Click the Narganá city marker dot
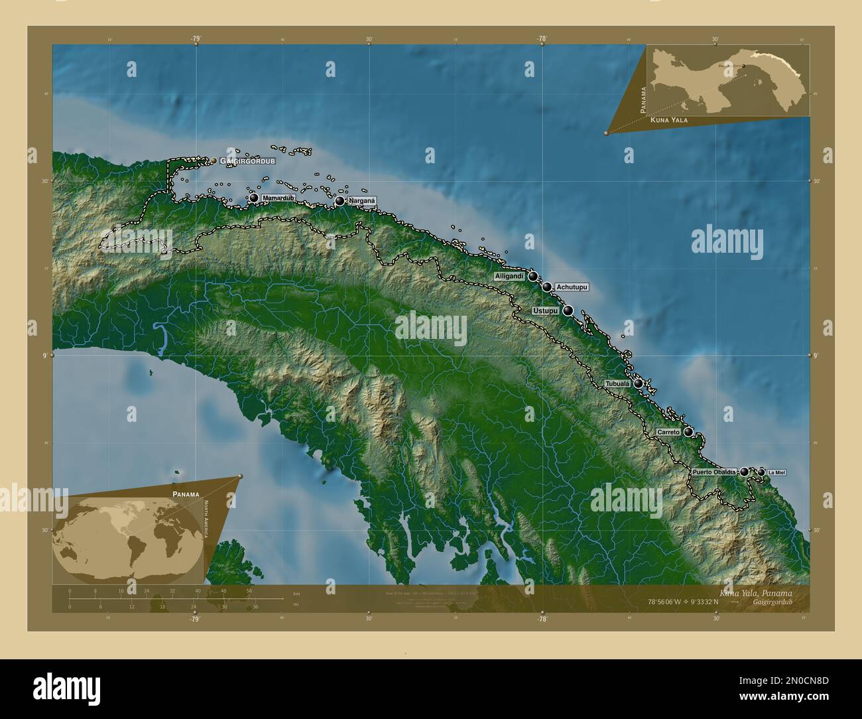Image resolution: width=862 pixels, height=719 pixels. pyautogui.click(x=340, y=201)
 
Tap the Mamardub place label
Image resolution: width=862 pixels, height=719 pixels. pyautogui.click(x=278, y=198)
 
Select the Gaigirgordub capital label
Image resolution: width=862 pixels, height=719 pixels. pyautogui.click(x=248, y=161)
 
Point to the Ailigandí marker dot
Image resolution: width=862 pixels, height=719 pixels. pyautogui.click(x=532, y=277)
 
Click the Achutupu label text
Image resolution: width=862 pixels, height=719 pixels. pyautogui.click(x=572, y=287)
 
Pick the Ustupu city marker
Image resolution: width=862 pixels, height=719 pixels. pyautogui.click(x=568, y=310)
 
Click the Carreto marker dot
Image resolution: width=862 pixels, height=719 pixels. pyautogui.click(x=689, y=432)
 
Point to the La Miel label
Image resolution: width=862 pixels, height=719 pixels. pyautogui.click(x=778, y=472)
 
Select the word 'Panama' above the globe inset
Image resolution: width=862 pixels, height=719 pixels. pyautogui.click(x=186, y=495)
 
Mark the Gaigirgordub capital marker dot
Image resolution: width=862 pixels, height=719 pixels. pyautogui.click(x=214, y=161)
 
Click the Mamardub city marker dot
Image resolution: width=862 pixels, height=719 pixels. pyautogui.click(x=253, y=198)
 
